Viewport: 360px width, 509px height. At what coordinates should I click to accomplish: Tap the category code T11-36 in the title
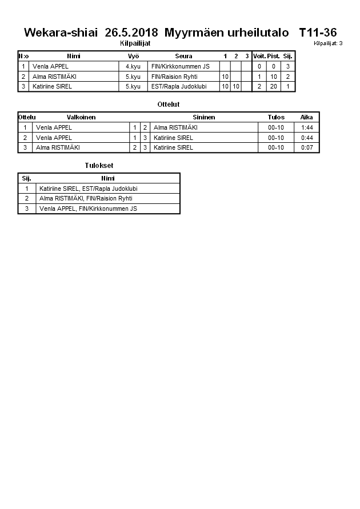point(318,33)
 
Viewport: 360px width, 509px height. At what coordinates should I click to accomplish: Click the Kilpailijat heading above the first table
point(135,43)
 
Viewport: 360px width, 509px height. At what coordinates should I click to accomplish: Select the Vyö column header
point(133,56)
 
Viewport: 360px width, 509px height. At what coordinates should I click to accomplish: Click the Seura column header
point(183,56)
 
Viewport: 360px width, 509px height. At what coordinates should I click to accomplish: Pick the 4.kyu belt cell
point(133,66)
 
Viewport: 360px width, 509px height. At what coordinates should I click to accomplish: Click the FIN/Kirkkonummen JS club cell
point(181,66)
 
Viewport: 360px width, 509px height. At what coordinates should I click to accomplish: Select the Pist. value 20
point(273,86)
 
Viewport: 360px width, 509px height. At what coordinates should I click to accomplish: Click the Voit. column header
point(259,56)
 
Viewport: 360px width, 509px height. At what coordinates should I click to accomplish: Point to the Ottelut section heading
point(168,105)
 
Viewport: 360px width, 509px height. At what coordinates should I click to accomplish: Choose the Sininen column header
point(204,117)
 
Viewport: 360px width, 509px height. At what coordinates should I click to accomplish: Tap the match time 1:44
point(307,127)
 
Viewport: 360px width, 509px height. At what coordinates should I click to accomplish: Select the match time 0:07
point(307,147)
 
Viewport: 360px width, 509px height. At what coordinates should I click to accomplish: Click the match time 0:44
point(307,138)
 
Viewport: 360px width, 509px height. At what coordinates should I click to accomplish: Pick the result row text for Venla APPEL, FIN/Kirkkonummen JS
point(88,209)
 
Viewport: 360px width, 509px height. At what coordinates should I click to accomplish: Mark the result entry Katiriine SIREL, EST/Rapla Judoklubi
point(89,189)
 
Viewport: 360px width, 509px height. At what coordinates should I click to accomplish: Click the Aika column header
point(307,117)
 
